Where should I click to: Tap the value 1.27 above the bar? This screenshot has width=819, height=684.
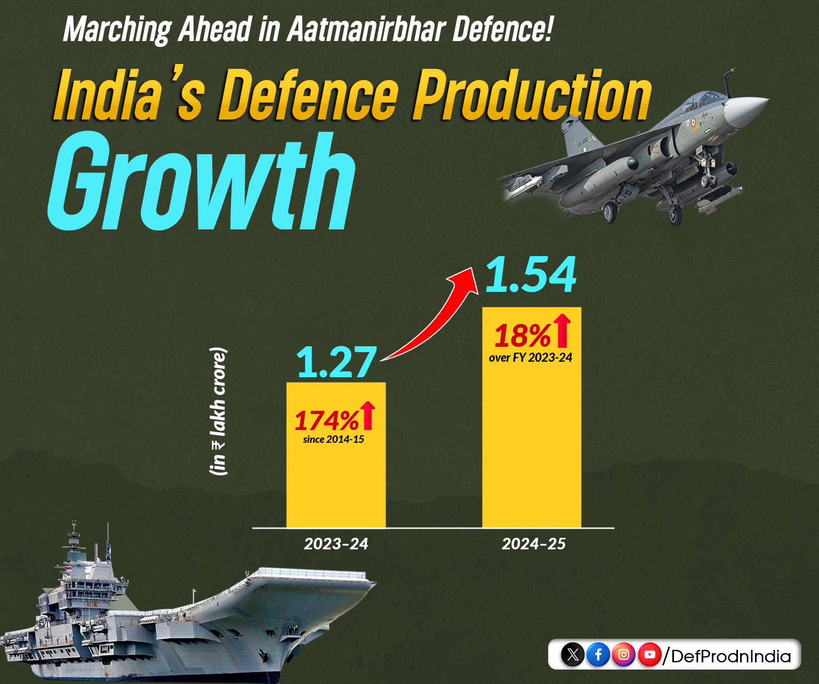pyautogui.click(x=336, y=363)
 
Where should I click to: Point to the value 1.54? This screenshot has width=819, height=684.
pyautogui.click(x=531, y=275)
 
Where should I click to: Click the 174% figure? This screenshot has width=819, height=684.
pyautogui.click(x=326, y=420)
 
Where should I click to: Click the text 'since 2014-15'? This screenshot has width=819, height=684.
pyautogui.click(x=333, y=440)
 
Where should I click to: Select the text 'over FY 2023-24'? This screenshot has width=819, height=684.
pyautogui.click(x=531, y=358)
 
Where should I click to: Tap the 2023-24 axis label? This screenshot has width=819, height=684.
pyautogui.click(x=336, y=544)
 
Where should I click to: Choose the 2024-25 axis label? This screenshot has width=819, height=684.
pyautogui.click(x=533, y=544)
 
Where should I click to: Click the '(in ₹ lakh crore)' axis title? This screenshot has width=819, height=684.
pyautogui.click(x=218, y=411)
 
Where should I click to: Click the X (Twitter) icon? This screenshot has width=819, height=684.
pyautogui.click(x=573, y=654)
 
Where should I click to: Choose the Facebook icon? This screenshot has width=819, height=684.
pyautogui.click(x=598, y=654)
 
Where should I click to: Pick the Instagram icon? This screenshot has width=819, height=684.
pyautogui.click(x=624, y=654)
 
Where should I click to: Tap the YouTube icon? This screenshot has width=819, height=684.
pyautogui.click(x=649, y=654)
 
